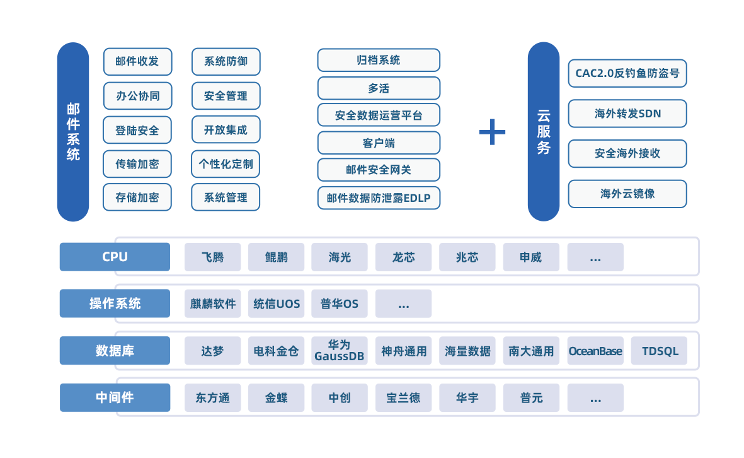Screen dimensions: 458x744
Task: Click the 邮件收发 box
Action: (x=137, y=61)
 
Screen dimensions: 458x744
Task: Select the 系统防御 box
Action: (x=226, y=61)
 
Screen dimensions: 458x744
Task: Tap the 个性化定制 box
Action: (x=226, y=164)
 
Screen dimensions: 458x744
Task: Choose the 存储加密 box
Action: (x=137, y=197)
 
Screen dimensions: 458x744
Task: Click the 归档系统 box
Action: (x=379, y=60)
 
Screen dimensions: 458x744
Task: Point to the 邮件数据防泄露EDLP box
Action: (x=379, y=198)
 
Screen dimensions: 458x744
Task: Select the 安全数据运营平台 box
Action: (x=379, y=115)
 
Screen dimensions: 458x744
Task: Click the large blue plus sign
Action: (x=492, y=132)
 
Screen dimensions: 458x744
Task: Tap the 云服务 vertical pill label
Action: (x=543, y=132)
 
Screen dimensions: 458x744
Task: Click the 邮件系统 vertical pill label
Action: (x=73, y=132)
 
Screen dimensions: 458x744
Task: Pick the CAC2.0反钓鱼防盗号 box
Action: (x=627, y=73)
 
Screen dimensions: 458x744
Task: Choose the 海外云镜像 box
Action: (x=627, y=194)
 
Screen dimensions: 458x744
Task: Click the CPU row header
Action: (x=115, y=257)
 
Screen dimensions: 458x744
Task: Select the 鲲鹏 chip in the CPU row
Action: (x=276, y=257)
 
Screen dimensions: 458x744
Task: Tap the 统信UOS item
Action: (x=276, y=303)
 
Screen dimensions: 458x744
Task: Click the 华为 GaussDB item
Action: (x=340, y=351)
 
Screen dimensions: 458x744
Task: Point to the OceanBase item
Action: (x=595, y=351)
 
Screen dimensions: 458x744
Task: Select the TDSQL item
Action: (x=659, y=351)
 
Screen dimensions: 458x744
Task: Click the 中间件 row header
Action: (x=115, y=397)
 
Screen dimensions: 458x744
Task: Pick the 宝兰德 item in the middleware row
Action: (x=403, y=398)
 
